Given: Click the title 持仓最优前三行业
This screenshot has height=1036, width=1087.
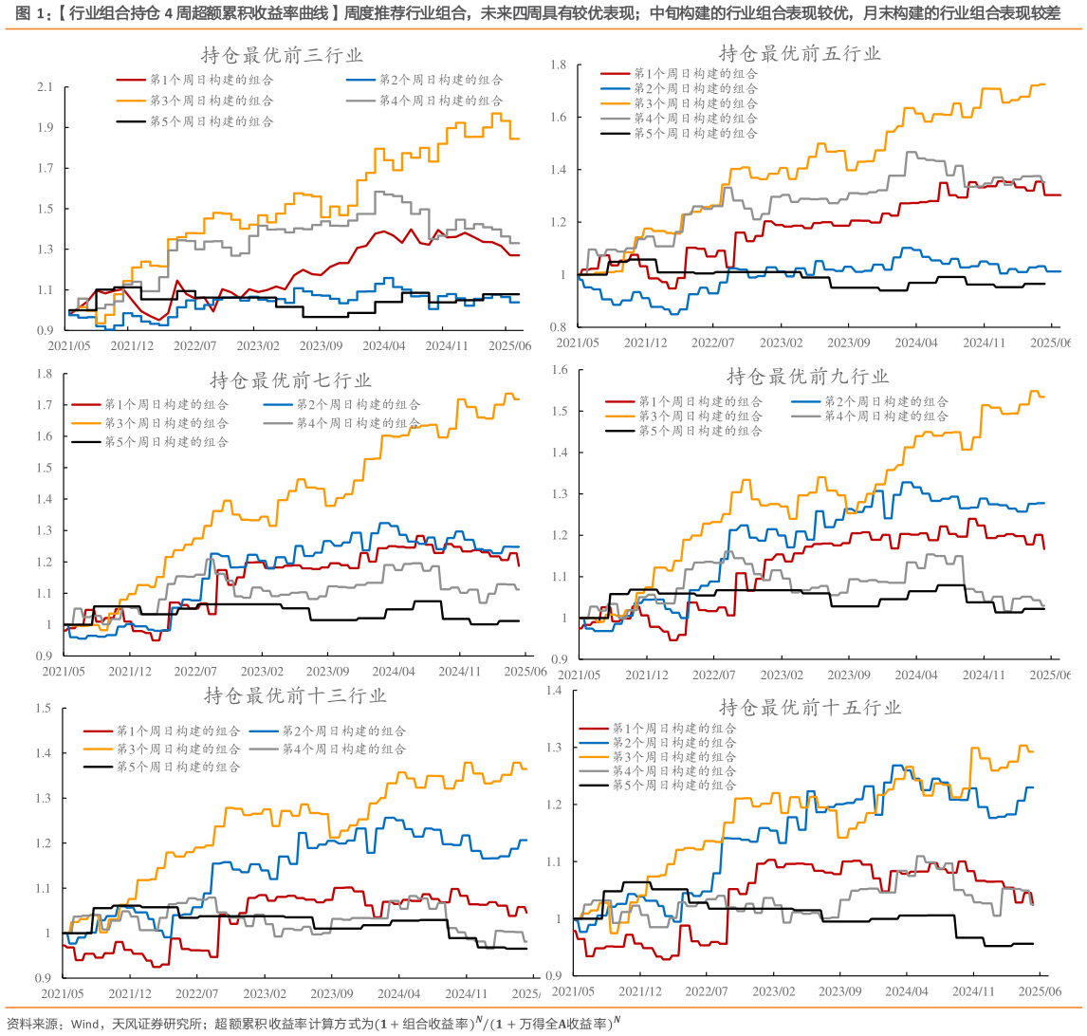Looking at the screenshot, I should tap(282, 55).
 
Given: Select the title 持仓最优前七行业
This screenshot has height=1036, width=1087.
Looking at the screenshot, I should tap(290, 380).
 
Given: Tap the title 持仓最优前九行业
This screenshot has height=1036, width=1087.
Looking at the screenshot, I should tap(807, 377).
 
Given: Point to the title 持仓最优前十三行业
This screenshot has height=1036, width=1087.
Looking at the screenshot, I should tap(295, 695).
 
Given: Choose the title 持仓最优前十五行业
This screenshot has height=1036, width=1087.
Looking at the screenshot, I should tap(810, 707).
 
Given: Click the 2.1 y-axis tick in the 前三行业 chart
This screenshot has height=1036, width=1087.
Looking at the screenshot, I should tap(44, 87).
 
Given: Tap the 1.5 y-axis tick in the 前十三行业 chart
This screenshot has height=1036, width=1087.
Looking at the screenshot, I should tap(43, 708).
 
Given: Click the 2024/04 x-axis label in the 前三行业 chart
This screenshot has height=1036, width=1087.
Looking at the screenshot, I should tap(385, 346).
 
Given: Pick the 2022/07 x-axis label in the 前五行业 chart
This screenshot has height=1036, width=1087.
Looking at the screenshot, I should tap(713, 342).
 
